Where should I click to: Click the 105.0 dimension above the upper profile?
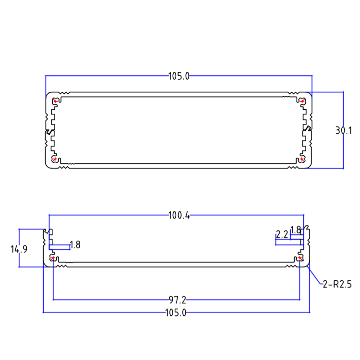pos(179,76)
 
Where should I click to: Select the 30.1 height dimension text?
pos(344,130)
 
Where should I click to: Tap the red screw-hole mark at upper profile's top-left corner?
pos(55,101)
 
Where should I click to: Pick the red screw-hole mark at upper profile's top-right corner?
pos(302,101)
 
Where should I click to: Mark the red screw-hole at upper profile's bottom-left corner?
pos(55,159)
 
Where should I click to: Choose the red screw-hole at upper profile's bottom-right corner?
pos(302,159)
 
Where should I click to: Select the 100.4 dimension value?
pos(179,216)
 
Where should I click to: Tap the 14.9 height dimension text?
pos(19,249)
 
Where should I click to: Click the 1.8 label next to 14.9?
pos(75,245)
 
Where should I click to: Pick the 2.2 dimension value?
pos(282,235)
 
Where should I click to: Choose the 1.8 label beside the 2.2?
pos(296,229)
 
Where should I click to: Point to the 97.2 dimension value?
pos(177,300)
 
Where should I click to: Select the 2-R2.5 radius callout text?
pos(337,285)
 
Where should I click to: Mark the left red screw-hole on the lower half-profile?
pos(53,259)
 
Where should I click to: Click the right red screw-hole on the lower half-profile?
pos(300,258)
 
